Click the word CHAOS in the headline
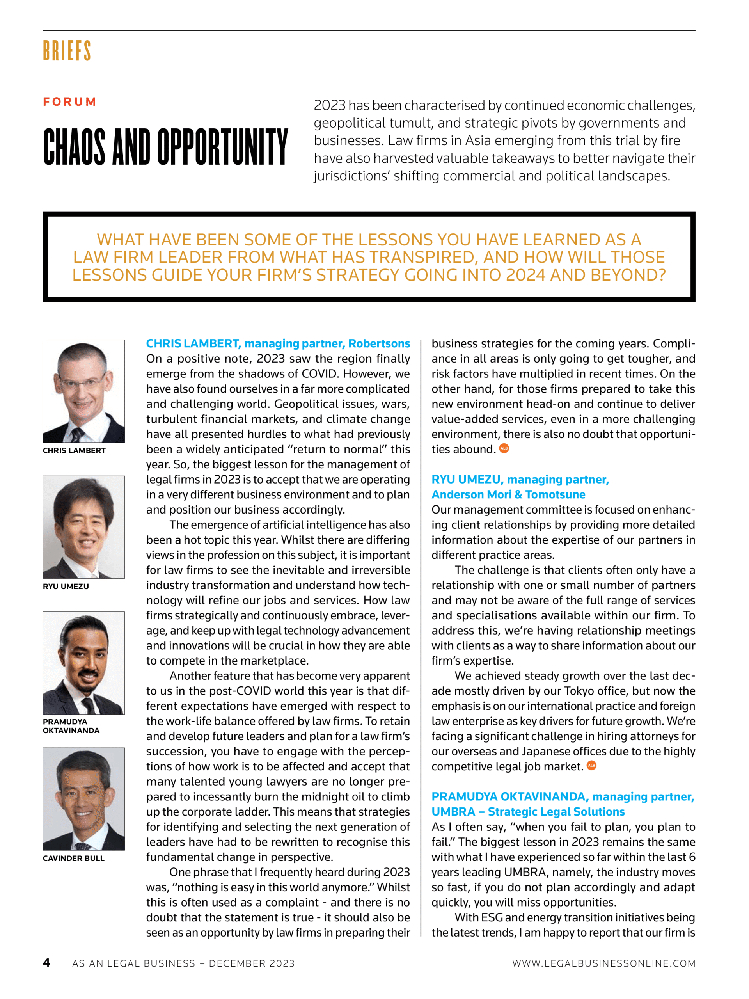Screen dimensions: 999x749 [x=75, y=147]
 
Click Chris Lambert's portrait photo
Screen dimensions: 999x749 [x=83, y=391]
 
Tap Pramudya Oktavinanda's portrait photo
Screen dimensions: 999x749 [x=83, y=663]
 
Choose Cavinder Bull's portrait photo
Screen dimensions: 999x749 [x=83, y=798]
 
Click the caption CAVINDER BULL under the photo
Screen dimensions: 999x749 [x=74, y=858]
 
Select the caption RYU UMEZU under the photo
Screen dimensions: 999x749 [x=66, y=586]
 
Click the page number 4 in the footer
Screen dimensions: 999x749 [x=46, y=962]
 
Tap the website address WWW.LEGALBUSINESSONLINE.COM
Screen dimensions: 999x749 [x=603, y=963]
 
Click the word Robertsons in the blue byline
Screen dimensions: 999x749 [x=379, y=344]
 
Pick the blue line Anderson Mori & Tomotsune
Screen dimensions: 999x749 [x=508, y=494]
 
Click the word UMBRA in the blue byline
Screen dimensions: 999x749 [x=453, y=812]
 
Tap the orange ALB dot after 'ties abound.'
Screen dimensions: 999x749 [x=504, y=448]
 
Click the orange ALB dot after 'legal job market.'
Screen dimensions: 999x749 [x=591, y=766]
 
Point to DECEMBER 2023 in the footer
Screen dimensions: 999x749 [x=252, y=963]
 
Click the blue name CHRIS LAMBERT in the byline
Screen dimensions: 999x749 [x=192, y=344]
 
